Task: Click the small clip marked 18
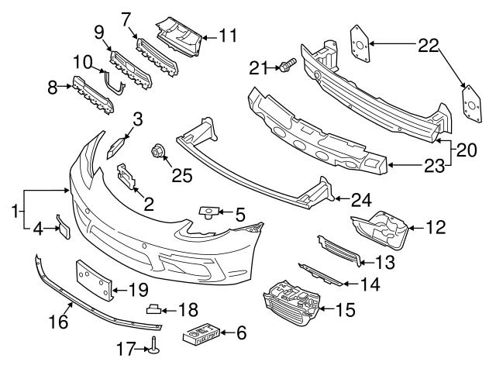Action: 155,308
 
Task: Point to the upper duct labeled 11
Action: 181,30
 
